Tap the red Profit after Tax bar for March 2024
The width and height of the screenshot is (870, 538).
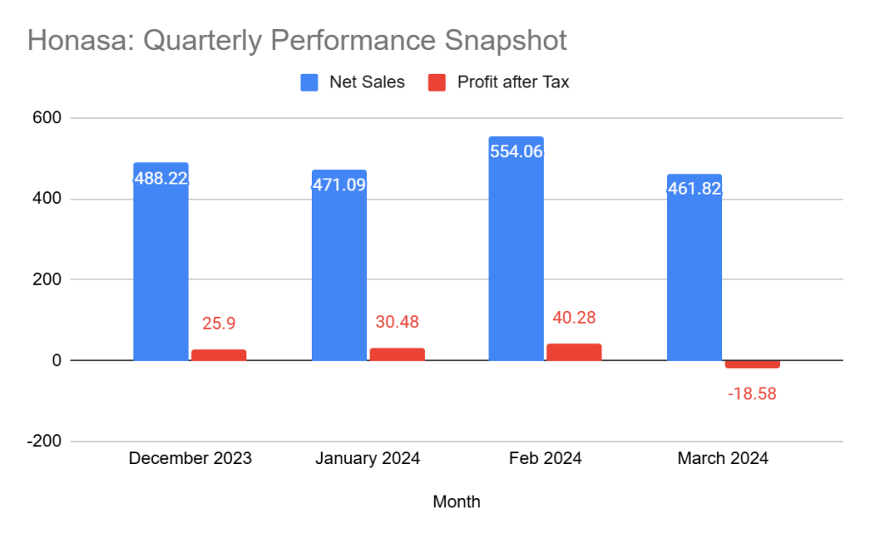point(752,364)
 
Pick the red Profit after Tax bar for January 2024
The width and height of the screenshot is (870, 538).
point(397,354)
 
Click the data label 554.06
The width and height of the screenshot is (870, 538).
point(516,152)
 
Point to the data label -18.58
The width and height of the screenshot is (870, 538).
point(752,394)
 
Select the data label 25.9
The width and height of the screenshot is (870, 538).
point(218,324)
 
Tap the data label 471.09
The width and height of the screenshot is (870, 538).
point(339,184)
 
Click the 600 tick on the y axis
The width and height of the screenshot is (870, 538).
point(48,118)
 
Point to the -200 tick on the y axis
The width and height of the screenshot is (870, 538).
point(45,441)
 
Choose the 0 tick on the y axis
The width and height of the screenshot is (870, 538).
point(57,360)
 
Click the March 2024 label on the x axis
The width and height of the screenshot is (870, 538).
point(722,458)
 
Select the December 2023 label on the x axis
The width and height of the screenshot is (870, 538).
point(190,458)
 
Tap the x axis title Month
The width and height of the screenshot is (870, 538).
point(456,501)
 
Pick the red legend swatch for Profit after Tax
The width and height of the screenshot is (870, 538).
point(436,82)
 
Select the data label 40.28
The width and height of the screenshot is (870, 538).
point(573,318)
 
